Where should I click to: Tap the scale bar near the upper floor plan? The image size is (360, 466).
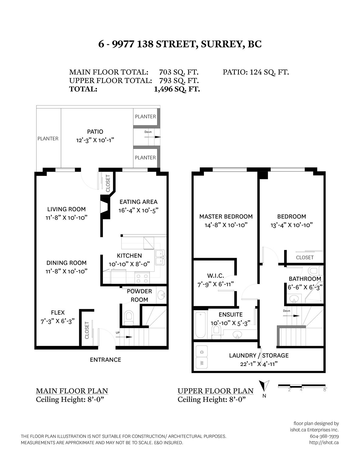point(302,386)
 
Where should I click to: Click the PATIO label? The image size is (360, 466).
point(95,132)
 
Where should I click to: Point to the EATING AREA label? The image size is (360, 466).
point(138,202)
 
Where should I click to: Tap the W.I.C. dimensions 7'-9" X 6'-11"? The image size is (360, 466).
point(216,284)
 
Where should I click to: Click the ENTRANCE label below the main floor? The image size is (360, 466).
point(105,360)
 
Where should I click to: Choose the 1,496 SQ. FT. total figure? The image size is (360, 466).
point(177,89)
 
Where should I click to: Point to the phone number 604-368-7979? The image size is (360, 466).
point(324,436)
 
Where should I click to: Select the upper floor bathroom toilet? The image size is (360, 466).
point(316,271)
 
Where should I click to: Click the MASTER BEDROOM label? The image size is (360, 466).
point(226,216)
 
